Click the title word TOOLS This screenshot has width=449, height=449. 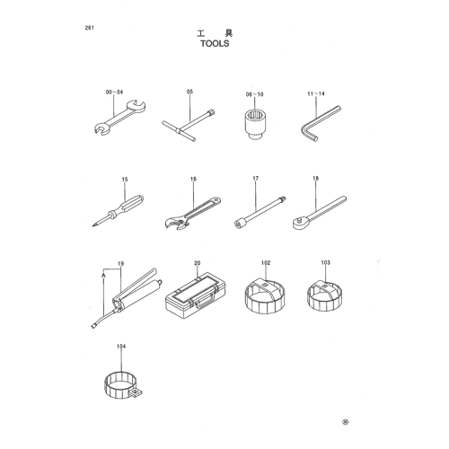coord(215,43)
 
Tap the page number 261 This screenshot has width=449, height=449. coord(90,28)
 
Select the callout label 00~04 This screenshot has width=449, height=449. coord(114,92)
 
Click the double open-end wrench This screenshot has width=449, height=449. coord(119,118)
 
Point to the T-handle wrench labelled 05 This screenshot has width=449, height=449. coord(189,126)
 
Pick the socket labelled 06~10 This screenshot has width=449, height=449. coord(255,124)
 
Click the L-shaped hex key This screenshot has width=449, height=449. coord(320,123)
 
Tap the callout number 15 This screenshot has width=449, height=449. coord(125,180)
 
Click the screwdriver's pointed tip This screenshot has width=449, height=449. coord(92,226)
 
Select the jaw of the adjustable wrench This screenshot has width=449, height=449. coord(174,224)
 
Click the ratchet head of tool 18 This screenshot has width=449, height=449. coord(299,224)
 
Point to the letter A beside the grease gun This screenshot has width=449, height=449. coord(103,274)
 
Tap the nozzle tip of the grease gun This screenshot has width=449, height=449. coord(93,326)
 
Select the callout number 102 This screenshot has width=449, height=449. coord(266,263)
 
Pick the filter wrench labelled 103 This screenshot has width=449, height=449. coord(324,296)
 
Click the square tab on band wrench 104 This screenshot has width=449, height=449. coord(136,392)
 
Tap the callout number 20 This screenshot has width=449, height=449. coord(197,263)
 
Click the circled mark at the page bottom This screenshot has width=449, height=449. coord(346,422)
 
